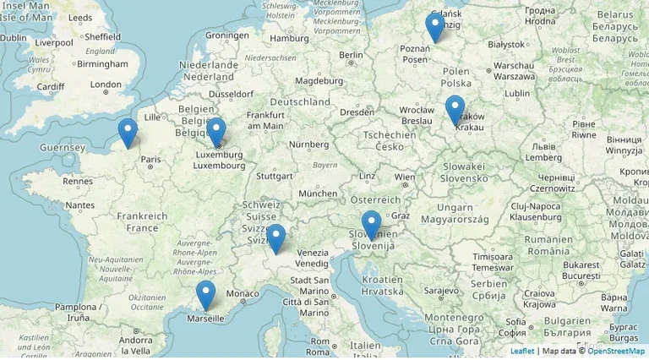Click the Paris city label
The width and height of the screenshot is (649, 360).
[x=150, y=159]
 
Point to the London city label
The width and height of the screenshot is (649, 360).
[x=106, y=85]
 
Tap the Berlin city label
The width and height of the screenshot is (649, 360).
[x=351, y=55]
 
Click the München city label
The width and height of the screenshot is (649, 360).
[x=318, y=194]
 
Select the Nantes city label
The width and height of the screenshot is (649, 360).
[x=79, y=205]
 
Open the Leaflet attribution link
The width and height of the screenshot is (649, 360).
[x=522, y=351]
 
